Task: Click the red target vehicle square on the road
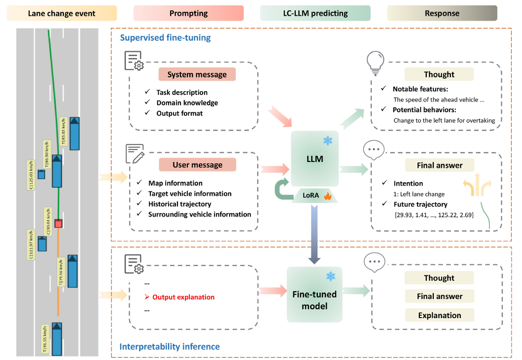coord(59,224)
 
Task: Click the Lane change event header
coord(62,13)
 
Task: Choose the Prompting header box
coord(188,13)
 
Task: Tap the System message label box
coord(197,75)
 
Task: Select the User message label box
coord(197,165)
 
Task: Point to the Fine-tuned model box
coord(314,299)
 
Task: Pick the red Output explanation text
coord(183,297)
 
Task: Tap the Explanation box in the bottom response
coord(439,315)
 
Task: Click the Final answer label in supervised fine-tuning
coord(439,165)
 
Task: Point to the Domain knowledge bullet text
coord(187,103)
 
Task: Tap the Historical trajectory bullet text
coord(179,204)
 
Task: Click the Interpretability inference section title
coord(170,347)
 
